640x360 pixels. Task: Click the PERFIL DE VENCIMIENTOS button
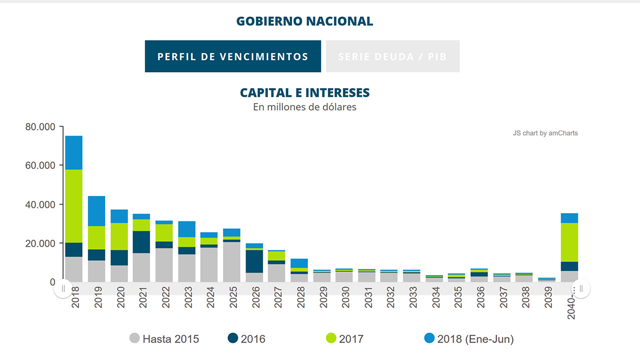(233, 56)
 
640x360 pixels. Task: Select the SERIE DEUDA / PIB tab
(392, 56)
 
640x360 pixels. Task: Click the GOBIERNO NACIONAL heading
(304, 21)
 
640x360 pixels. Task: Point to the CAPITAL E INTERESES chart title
(304, 93)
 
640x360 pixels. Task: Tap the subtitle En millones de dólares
(304, 107)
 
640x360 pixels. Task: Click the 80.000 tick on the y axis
(40, 127)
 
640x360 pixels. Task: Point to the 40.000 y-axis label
(40, 204)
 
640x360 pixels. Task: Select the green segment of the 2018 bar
(74, 206)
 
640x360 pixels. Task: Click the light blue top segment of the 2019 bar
(96, 211)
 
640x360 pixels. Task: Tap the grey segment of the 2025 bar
(232, 262)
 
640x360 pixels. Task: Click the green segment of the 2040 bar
(569, 242)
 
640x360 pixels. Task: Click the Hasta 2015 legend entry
(164, 339)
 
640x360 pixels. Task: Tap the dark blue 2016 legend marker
(233, 338)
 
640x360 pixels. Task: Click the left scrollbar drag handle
(63, 288)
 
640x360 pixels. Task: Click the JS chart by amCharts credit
(545, 133)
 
